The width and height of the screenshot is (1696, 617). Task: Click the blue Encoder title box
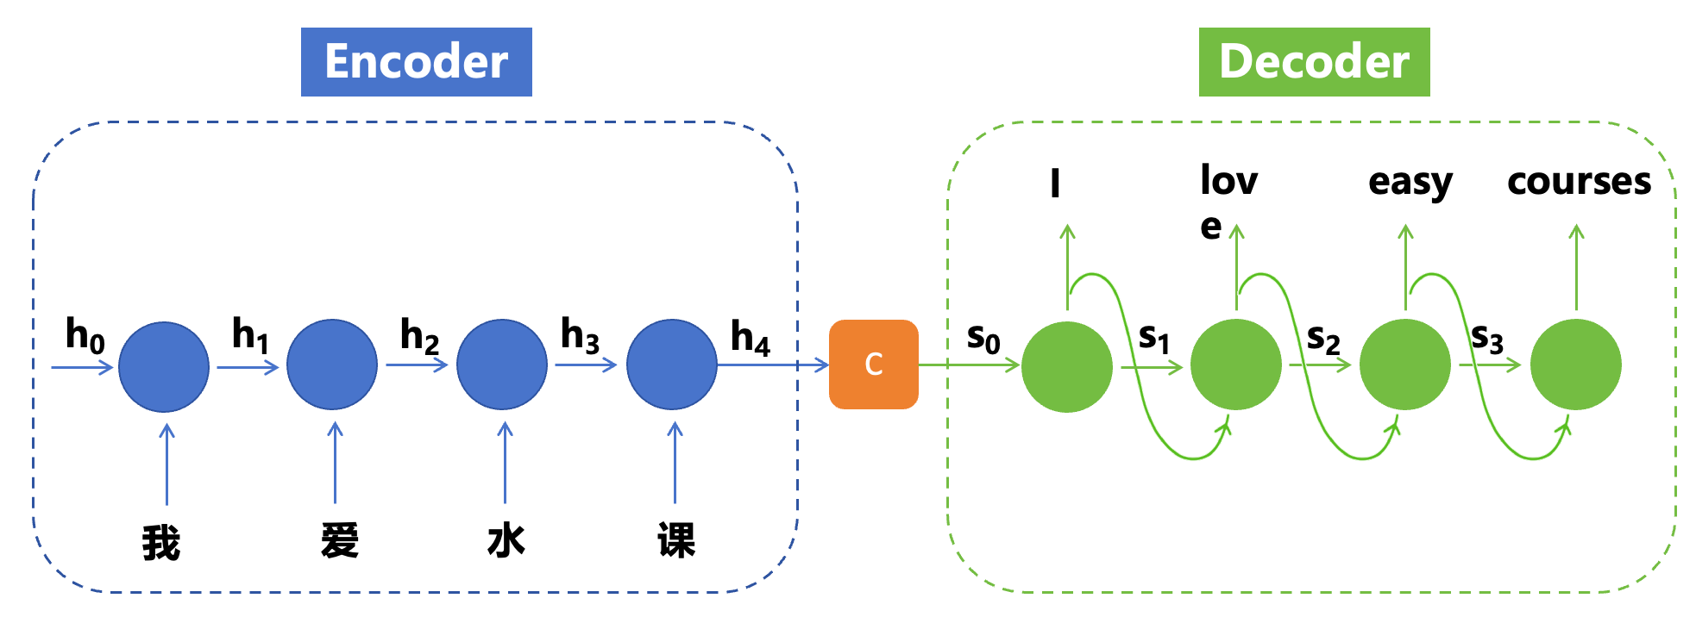[416, 62]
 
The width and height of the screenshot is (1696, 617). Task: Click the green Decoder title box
[1314, 62]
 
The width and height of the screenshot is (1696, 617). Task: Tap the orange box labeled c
[873, 365]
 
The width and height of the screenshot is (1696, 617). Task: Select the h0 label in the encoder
[85, 335]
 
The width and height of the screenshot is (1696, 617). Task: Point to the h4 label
[750, 337]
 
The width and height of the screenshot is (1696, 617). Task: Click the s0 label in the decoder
[983, 337]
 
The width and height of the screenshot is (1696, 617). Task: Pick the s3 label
[1487, 337]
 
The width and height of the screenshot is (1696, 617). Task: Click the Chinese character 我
[161, 543]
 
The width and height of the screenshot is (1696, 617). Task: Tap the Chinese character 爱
[339, 541]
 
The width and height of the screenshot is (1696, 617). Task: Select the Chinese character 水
[506, 541]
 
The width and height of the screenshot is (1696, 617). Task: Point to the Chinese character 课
[675, 541]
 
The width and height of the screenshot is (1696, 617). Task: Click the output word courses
[1579, 182]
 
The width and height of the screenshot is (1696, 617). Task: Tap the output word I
[1055, 184]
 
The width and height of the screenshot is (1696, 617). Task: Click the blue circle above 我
[164, 366]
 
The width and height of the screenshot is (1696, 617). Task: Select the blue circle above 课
[671, 365]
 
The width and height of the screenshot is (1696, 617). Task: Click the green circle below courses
[1575, 365]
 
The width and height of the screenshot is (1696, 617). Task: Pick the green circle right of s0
[1067, 366]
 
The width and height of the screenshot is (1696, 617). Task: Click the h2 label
[419, 335]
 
